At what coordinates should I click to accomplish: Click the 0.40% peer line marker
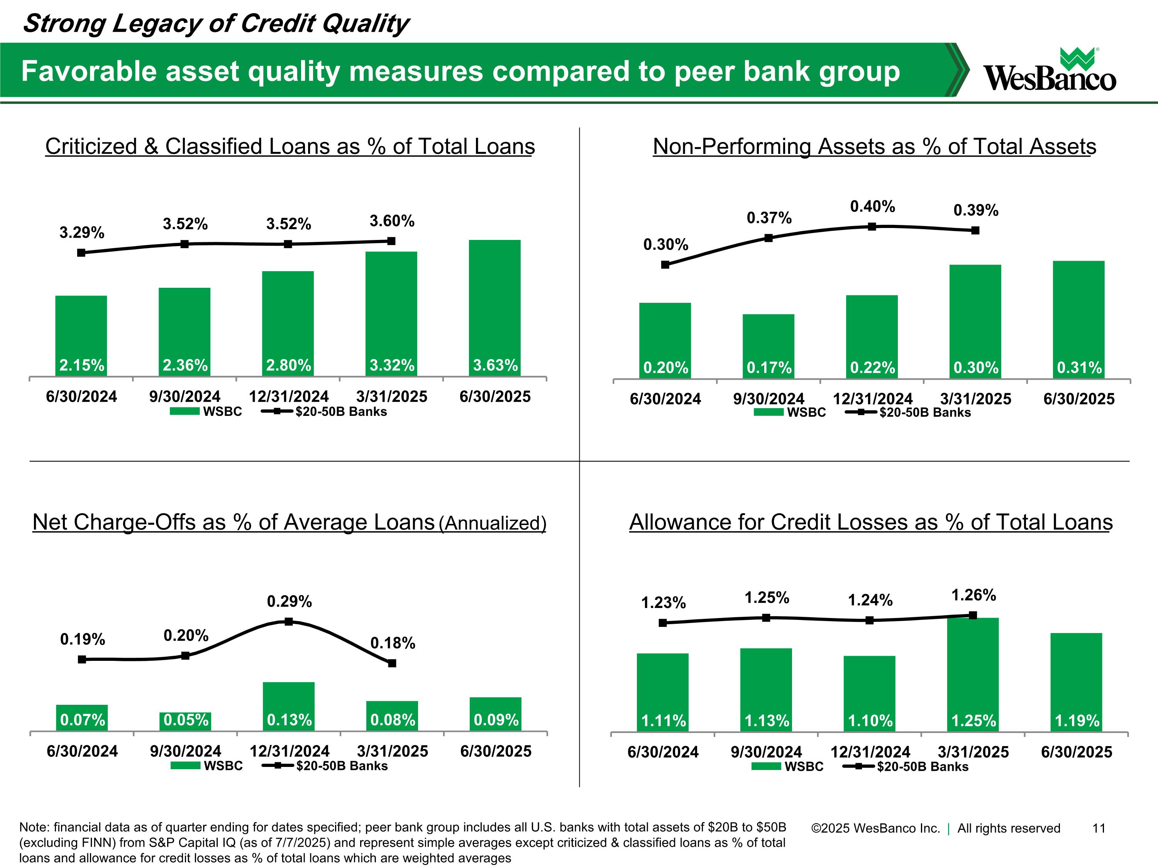872,226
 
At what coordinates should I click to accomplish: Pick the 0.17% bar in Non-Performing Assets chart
768,345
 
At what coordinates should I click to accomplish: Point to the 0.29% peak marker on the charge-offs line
288,621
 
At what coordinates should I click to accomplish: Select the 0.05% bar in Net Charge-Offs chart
185,721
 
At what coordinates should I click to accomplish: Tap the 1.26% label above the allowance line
973,595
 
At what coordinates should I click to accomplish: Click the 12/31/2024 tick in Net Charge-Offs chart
289,751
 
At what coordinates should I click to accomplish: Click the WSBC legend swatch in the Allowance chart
767,767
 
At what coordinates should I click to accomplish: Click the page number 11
1098,828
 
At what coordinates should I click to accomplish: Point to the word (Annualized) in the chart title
492,523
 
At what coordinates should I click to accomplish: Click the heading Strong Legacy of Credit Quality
216,24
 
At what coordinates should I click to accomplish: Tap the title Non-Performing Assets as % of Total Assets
874,147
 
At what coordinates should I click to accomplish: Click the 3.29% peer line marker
81,253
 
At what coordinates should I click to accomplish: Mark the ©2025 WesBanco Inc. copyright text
875,828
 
